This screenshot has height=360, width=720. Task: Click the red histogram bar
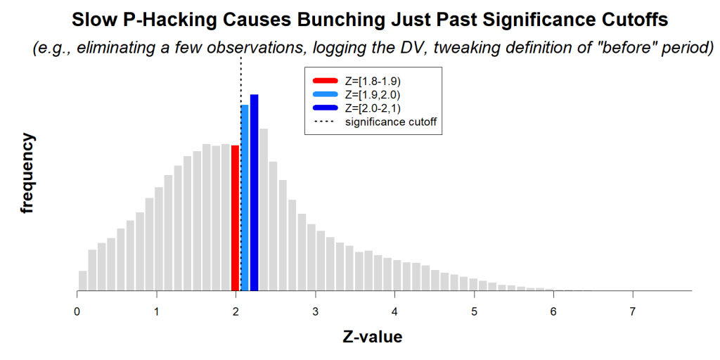[236, 218]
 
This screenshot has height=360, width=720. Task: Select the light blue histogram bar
[245, 197]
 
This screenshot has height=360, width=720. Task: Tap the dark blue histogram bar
[254, 192]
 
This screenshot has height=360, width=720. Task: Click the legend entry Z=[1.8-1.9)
[373, 81]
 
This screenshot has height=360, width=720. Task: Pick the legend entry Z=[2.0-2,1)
[373, 108]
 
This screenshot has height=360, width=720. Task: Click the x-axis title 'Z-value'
[373, 337]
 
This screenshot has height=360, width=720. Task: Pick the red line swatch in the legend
[325, 81]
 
